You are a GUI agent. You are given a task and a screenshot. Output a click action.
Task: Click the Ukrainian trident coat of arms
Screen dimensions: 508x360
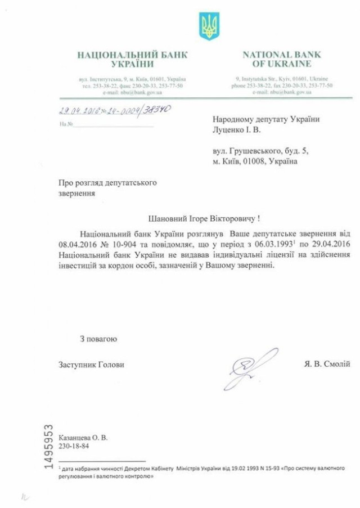pos(209,26)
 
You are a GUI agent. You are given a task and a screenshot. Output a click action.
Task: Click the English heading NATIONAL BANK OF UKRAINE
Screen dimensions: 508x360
pos(281,59)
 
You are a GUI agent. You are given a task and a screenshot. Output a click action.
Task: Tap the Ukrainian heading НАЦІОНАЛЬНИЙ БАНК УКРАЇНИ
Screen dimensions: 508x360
pos(132,59)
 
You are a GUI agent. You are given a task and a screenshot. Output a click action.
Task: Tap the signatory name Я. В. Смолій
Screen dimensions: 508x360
pos(325,364)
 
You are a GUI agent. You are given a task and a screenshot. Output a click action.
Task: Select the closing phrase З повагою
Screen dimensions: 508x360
pos(98,338)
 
